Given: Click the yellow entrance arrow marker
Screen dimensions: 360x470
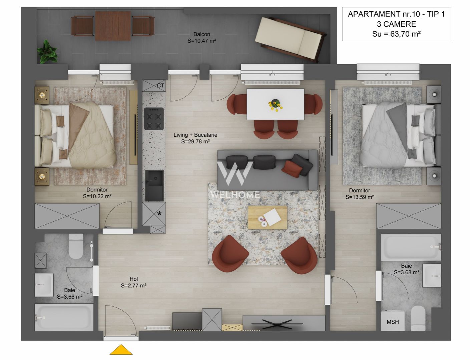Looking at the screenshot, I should point(121,350).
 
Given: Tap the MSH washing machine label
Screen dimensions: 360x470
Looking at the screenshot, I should point(393,322).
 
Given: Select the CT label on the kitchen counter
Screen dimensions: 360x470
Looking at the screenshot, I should point(160,86).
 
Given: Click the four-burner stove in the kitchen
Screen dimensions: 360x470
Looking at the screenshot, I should point(154,118).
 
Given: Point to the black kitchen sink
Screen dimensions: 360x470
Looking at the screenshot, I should point(154,185).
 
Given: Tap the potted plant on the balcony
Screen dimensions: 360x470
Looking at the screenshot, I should point(47,52).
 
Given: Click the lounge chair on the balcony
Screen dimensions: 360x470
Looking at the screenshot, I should point(290,39).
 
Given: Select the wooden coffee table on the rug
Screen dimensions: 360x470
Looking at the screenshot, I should point(267,217).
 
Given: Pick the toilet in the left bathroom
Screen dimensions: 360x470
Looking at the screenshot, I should point(76,246).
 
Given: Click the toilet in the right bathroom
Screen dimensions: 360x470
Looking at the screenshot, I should point(418,318).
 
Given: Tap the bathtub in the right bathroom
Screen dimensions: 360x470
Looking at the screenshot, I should point(411,247).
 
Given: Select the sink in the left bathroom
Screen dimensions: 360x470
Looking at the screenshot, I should point(44,285).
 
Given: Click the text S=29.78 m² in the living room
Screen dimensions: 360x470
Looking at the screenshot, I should point(195,141).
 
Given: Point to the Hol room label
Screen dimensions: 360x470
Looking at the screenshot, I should point(133,279).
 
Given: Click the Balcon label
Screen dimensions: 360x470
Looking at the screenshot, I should point(202,34).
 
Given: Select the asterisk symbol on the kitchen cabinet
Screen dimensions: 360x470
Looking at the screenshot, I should point(159,214).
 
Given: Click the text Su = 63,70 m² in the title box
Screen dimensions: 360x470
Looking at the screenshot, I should point(396,34).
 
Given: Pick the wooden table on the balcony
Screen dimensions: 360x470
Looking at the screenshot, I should point(112,26).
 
